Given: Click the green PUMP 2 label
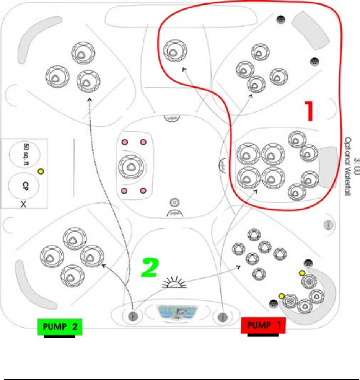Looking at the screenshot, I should pos(59,327).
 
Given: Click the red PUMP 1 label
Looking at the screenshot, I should pos(263,326).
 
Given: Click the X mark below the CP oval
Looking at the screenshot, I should pos(24,205).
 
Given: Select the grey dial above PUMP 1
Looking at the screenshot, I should pos(224,316).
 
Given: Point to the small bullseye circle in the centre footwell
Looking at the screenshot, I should pos(174,201).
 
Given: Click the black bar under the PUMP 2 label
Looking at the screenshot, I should pos(59,337).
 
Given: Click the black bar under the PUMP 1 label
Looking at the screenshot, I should pos(263,336).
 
